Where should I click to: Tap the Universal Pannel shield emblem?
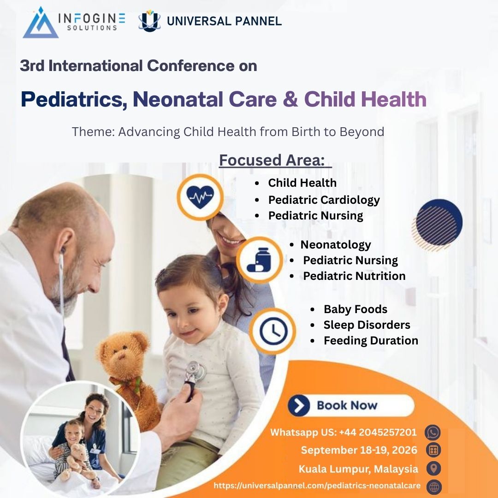tap(149, 21)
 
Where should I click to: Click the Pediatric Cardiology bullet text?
tap(324, 200)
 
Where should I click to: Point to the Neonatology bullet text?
tap(336, 244)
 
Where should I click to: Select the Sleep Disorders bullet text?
tap(367, 325)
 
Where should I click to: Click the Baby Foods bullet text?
tap(355, 309)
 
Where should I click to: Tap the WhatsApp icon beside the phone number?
tap(433, 433)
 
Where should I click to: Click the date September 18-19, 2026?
tap(359, 450)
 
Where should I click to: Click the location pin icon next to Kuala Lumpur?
tap(433, 468)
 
